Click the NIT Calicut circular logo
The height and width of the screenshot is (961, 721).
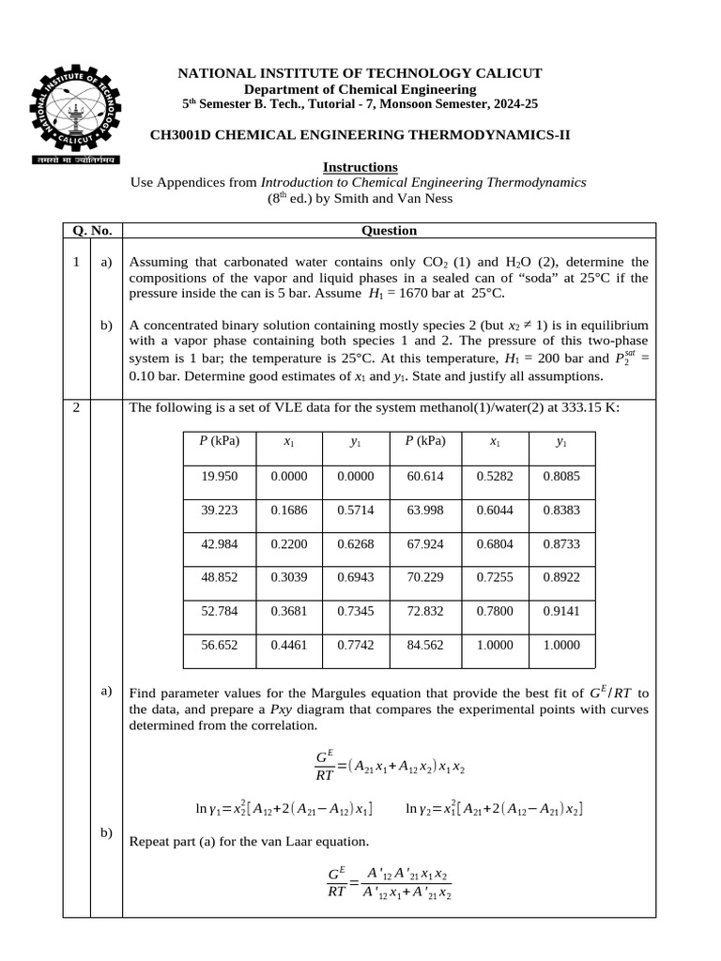73,110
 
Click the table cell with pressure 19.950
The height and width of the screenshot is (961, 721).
220,476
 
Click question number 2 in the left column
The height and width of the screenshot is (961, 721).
76,408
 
